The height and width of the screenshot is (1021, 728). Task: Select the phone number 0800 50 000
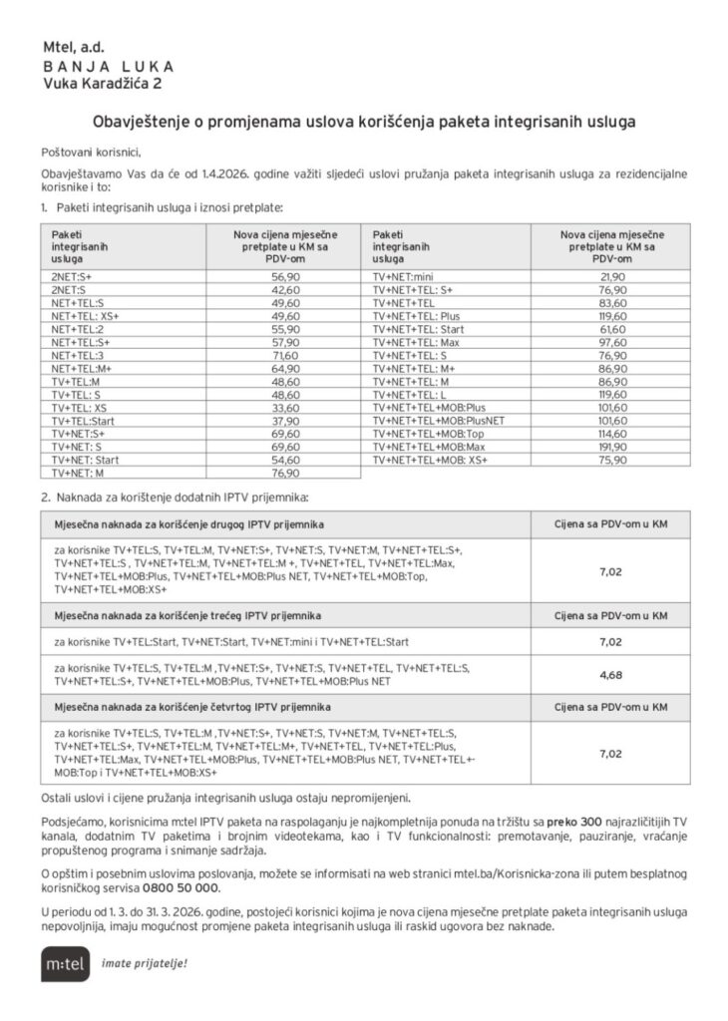(x=179, y=886)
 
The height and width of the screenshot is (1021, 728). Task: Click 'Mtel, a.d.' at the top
(x=73, y=48)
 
